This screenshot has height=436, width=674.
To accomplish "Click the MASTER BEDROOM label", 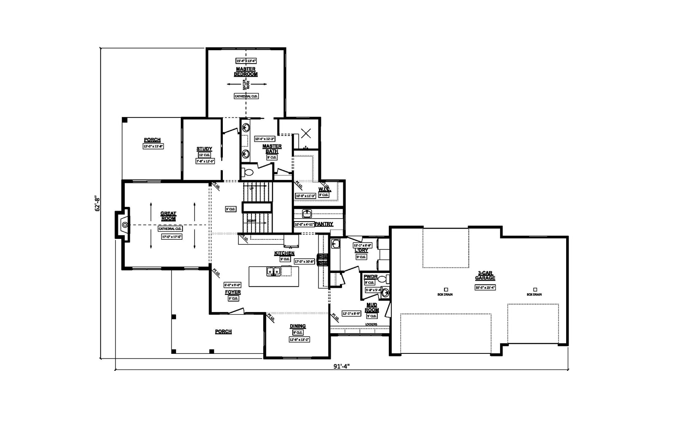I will tap(246, 72).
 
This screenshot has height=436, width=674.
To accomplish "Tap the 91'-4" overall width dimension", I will tap(342, 366).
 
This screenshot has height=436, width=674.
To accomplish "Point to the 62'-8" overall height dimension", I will tap(97, 203).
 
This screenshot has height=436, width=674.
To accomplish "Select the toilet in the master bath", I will tap(248, 172).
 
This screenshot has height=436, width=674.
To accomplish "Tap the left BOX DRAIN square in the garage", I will tap(446, 289).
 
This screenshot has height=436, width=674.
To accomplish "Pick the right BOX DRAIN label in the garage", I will tap(534, 294).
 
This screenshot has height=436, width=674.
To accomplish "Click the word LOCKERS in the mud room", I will tap(371, 324).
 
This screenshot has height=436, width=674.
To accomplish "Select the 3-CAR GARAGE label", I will tap(485, 276).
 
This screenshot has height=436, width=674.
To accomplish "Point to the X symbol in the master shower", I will tap(306, 134).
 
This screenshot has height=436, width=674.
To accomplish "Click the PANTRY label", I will tap(324, 224).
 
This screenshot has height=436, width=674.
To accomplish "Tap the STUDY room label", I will tap(204, 149).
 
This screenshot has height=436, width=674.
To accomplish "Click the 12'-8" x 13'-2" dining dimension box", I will tap(299, 339).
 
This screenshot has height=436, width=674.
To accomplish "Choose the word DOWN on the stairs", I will tap(251, 220).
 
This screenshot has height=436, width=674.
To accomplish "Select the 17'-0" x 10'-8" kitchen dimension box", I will tap(304, 261).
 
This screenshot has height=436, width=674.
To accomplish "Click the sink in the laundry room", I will tap(335, 243).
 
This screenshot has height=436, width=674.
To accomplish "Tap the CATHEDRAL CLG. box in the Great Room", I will tap(170, 229).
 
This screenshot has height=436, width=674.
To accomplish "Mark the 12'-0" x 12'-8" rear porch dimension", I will tap(152, 146).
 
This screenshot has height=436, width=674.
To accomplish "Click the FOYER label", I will tap(233, 292).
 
